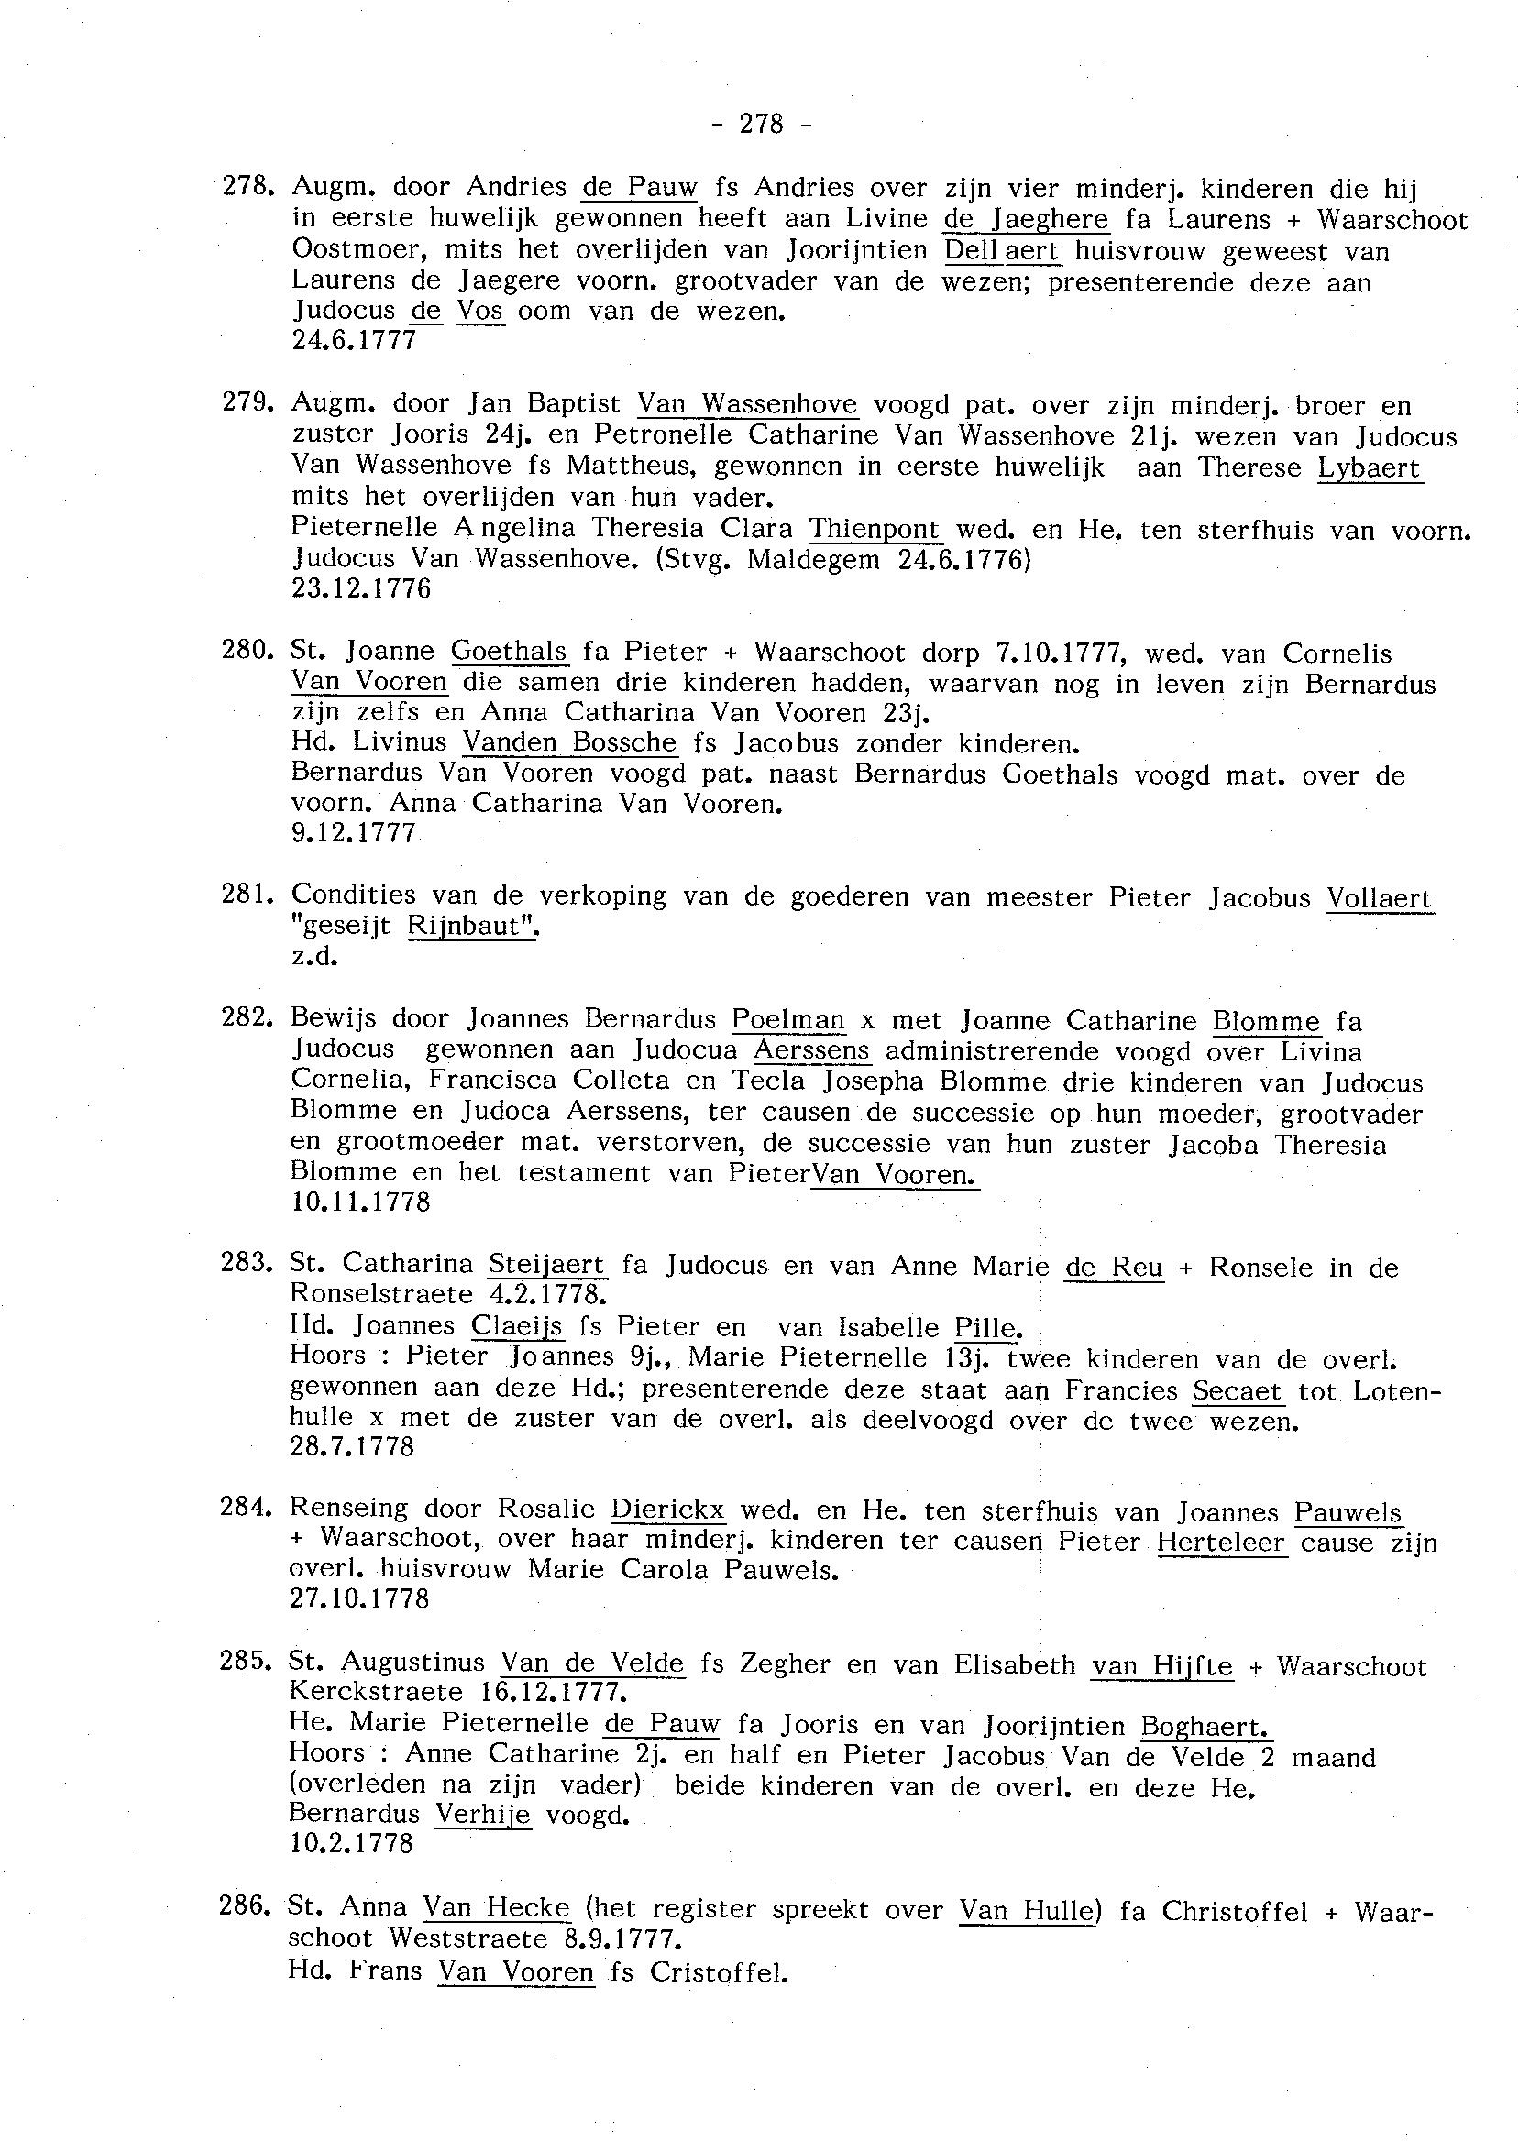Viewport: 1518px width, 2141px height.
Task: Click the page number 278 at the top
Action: pyautogui.click(x=761, y=124)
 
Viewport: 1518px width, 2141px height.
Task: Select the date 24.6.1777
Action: pyautogui.click(x=353, y=340)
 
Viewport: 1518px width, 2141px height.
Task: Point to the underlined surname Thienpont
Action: pyautogui.click(x=874, y=529)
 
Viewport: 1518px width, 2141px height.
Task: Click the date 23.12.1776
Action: pyautogui.click(x=361, y=589)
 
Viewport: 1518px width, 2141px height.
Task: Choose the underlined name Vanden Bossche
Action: pyautogui.click(x=569, y=743)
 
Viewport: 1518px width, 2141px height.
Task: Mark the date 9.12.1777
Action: pyautogui.click(x=353, y=833)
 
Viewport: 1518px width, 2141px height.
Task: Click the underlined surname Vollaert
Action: pyautogui.click(x=1379, y=898)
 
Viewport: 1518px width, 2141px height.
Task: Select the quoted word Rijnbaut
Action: pyautogui.click(x=474, y=926)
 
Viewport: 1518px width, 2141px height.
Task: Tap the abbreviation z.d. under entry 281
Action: pyautogui.click(x=313, y=957)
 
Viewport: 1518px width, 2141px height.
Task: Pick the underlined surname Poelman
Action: pyautogui.click(x=788, y=1019)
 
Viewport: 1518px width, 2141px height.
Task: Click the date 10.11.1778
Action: pyautogui.click(x=361, y=1202)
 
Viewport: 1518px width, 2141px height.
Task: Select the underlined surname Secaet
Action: pyautogui.click(x=1237, y=1390)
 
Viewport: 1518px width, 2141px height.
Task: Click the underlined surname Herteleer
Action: pyautogui.click(x=1222, y=1542)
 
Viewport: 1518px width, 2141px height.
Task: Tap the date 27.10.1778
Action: pyautogui.click(x=360, y=1599)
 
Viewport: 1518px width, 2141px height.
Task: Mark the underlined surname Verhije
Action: pyautogui.click(x=482, y=1815)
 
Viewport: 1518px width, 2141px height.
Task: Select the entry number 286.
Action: pyautogui.click(x=245, y=1907)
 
